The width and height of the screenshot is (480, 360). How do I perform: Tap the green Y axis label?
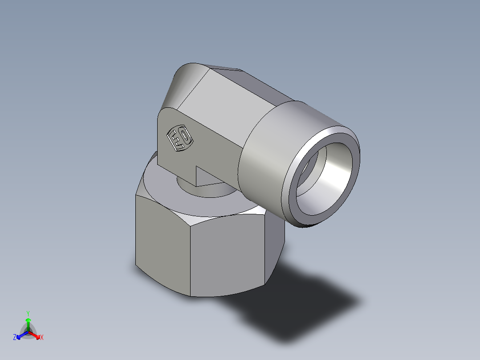pyautogui.click(x=28, y=313)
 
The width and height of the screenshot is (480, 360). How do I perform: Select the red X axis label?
pyautogui.click(x=41, y=338)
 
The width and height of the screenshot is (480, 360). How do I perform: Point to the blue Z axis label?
pyautogui.click(x=15, y=337)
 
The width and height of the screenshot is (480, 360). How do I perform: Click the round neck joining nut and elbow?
pyautogui.click(x=205, y=189)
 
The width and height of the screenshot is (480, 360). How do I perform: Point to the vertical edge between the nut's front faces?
pyautogui.click(x=191, y=258)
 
